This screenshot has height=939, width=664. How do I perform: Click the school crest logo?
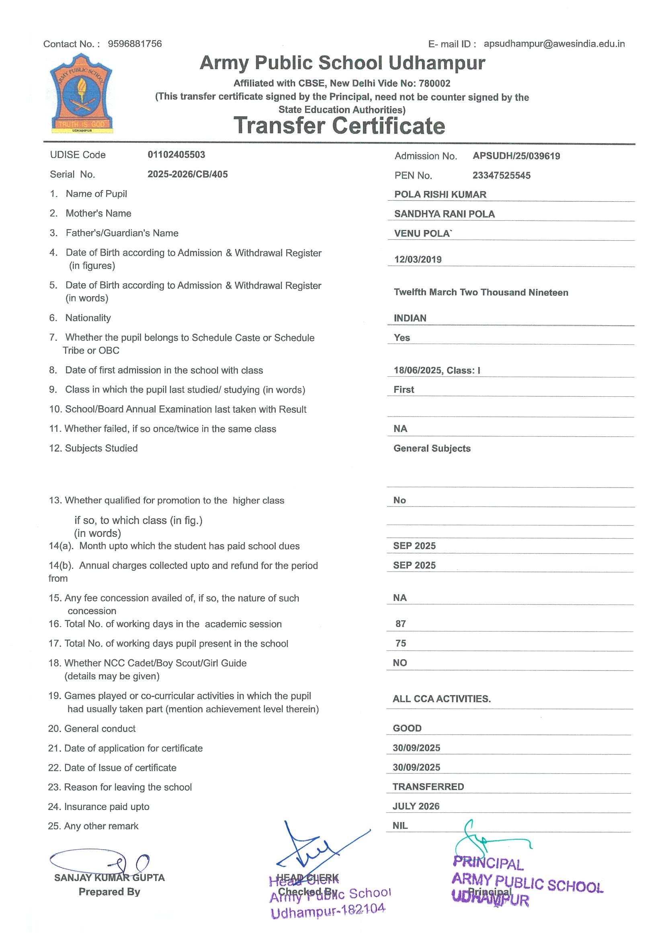coord(81,94)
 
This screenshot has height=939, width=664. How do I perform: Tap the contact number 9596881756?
coord(135,44)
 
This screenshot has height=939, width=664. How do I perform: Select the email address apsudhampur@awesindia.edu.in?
coord(554,44)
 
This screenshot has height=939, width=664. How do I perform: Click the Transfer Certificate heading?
coord(339,125)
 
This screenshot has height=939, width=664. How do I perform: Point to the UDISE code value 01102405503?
coord(176,155)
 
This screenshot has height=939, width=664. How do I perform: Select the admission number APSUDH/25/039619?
coord(516,156)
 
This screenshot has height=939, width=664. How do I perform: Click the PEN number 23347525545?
coord(501,175)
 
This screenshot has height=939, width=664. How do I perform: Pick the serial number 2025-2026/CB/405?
coord(187,174)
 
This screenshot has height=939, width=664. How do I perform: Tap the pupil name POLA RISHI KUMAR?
coord(440,194)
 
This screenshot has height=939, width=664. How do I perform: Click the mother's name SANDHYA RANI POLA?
coord(445,214)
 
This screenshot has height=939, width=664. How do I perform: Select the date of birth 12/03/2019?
coord(418,259)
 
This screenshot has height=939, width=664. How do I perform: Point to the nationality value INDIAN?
coord(410,318)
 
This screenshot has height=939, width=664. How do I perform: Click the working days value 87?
coord(401,624)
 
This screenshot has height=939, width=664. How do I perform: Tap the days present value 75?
coord(401,643)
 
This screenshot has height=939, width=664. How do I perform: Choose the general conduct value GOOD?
coord(407,728)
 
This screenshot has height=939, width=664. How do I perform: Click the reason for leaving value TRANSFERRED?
coord(428,787)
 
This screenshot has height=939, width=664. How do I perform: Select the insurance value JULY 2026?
coord(416,806)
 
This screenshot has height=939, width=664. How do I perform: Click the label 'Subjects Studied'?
coord(101,448)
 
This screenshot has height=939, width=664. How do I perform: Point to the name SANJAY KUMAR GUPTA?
coord(109,877)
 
